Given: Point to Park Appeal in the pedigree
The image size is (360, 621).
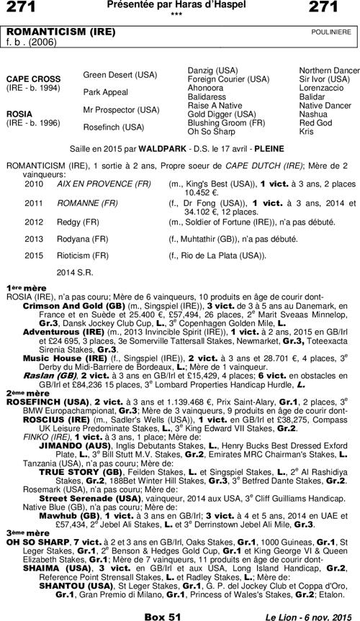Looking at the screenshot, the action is coord(107,92).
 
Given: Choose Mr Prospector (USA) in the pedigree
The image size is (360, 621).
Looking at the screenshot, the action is coord(121,110).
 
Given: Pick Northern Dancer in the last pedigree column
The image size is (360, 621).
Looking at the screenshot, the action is coord(329,70).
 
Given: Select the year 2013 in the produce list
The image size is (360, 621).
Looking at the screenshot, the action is coord(34,238).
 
